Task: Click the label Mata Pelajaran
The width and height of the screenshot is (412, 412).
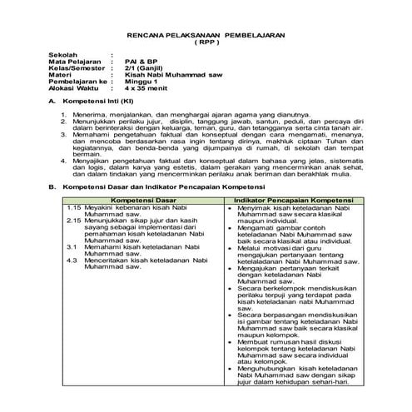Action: coord(72,62)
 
